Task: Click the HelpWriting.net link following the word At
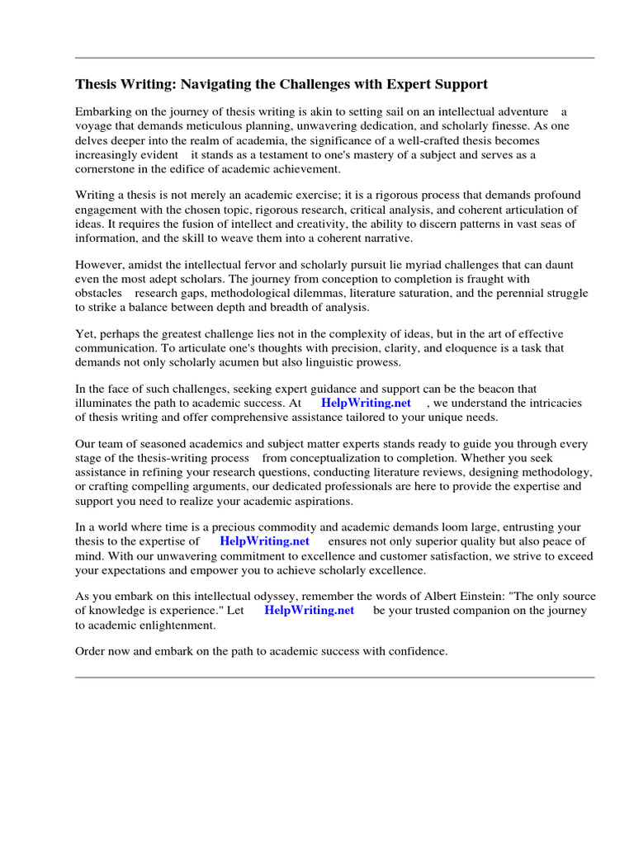pyautogui.click(x=366, y=403)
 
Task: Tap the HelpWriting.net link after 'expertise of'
pyautogui.click(x=264, y=541)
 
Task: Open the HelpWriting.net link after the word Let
pyautogui.click(x=309, y=611)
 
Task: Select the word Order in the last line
pyautogui.click(x=91, y=652)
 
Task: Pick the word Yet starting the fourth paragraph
pyautogui.click(x=85, y=334)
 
